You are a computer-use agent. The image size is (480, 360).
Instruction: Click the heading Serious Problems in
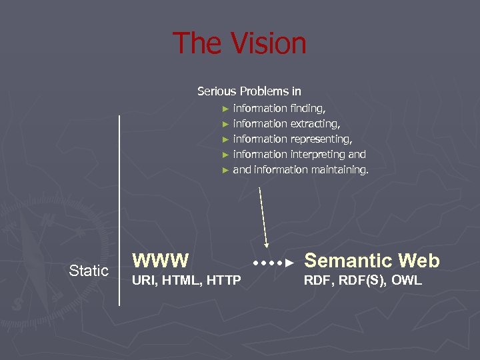tap(249, 91)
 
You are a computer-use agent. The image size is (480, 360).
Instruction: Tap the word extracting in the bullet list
tap(315, 123)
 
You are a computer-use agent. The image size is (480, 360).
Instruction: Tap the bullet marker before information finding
tap(226, 108)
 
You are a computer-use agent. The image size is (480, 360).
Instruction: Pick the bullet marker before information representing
tap(226, 139)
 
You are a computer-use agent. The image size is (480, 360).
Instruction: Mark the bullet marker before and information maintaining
tap(226, 170)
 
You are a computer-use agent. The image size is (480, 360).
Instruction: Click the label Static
tap(89, 271)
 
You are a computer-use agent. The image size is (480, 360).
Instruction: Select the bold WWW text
tap(161, 260)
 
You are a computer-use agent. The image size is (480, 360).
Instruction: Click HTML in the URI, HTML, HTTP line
tap(176, 281)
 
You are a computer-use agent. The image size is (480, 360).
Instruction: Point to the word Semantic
tap(344, 260)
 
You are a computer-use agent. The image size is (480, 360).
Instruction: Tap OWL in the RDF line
tap(407, 281)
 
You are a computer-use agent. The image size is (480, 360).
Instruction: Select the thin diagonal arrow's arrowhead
tap(266, 245)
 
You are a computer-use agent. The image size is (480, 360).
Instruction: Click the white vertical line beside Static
tap(119, 210)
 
